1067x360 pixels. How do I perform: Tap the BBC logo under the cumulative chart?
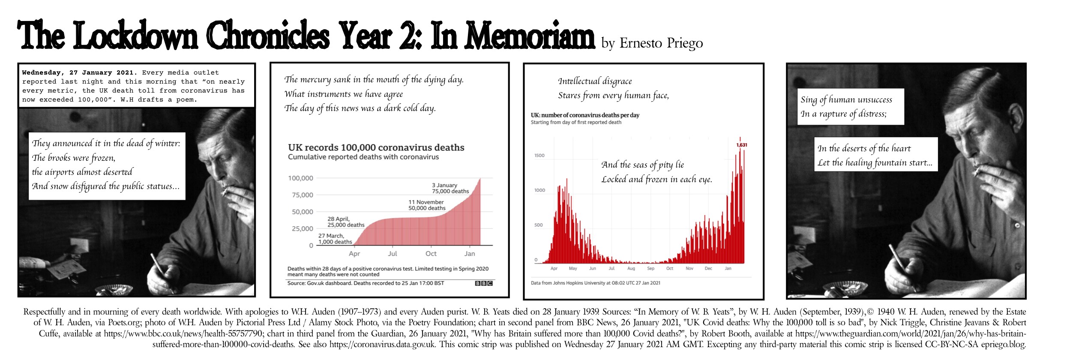pyautogui.click(x=484, y=283)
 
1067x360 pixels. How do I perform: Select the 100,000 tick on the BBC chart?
pyautogui.click(x=300, y=178)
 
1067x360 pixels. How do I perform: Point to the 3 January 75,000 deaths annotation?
pyautogui.click(x=450, y=188)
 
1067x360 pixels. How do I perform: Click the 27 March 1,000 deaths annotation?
pyautogui.click(x=335, y=239)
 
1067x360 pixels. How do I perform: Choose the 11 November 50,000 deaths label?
pyautogui.click(x=427, y=205)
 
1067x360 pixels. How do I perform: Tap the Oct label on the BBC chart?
pyautogui.click(x=431, y=254)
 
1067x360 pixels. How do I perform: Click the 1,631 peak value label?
pyautogui.click(x=741, y=145)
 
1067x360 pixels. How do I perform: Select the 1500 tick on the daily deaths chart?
pyautogui.click(x=539, y=156)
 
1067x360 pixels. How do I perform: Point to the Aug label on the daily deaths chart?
pyautogui.click(x=631, y=269)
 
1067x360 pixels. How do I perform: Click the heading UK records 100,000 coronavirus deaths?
pyautogui.click(x=376, y=147)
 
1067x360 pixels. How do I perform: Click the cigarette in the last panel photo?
pyautogui.click(x=978, y=171)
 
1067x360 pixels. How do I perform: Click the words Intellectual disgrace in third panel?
pyautogui.click(x=594, y=81)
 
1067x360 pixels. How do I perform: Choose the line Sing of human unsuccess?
pyautogui.click(x=846, y=100)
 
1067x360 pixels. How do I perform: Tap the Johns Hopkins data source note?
pyautogui.click(x=595, y=283)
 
